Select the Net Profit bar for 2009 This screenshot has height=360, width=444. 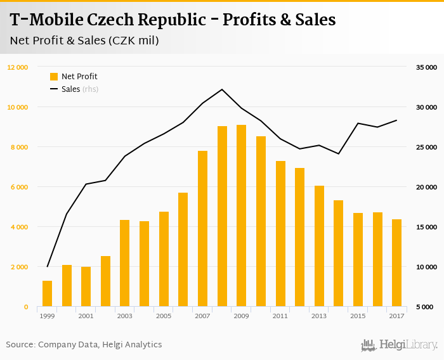[241, 215]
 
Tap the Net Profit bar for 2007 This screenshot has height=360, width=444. [202, 229]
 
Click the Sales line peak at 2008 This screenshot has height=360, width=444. [222, 89]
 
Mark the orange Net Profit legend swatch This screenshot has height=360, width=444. [54, 77]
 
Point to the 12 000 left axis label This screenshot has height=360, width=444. [18, 67]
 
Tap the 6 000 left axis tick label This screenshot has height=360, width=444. [19, 187]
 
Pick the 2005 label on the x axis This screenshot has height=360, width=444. [164, 316]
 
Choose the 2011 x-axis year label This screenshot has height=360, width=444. [280, 316]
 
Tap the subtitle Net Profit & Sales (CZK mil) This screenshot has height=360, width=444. [84, 41]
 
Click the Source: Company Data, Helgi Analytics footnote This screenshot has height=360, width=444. [84, 345]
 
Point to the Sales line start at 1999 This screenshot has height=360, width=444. [47, 266]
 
